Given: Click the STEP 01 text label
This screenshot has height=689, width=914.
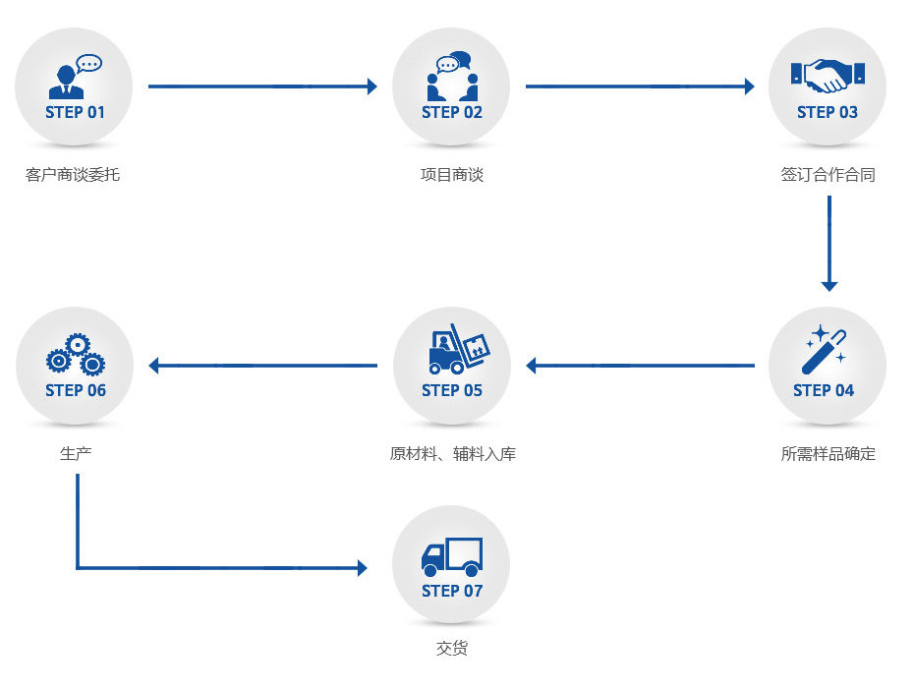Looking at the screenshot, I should (x=75, y=112).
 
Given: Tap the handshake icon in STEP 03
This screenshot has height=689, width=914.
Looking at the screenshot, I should (x=828, y=76).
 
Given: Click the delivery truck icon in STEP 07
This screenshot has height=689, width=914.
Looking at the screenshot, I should (x=451, y=556).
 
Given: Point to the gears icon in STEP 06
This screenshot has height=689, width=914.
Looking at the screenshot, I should (x=76, y=355).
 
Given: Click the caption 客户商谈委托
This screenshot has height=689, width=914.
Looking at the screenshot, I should (x=73, y=176).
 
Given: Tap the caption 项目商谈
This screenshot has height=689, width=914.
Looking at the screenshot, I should (x=452, y=176).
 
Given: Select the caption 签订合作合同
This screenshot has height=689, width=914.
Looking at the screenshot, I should (x=828, y=176).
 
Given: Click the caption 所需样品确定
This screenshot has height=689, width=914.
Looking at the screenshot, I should (x=828, y=454).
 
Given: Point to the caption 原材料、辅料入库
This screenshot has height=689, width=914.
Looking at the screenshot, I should (x=452, y=454).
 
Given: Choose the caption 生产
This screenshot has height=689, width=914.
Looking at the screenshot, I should (x=76, y=454).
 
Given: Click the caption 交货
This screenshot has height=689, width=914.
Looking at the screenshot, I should (x=452, y=649).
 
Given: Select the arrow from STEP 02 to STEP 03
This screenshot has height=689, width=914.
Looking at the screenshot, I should (x=640, y=86).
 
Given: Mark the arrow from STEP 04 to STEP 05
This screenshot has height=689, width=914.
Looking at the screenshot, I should (x=640, y=366).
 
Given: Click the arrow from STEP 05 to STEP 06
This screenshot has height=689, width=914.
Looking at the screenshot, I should (x=262, y=366).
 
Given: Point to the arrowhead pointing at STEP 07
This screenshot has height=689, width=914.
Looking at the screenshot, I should (x=362, y=568).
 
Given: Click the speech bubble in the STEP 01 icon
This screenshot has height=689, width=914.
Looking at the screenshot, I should (x=89, y=64).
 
